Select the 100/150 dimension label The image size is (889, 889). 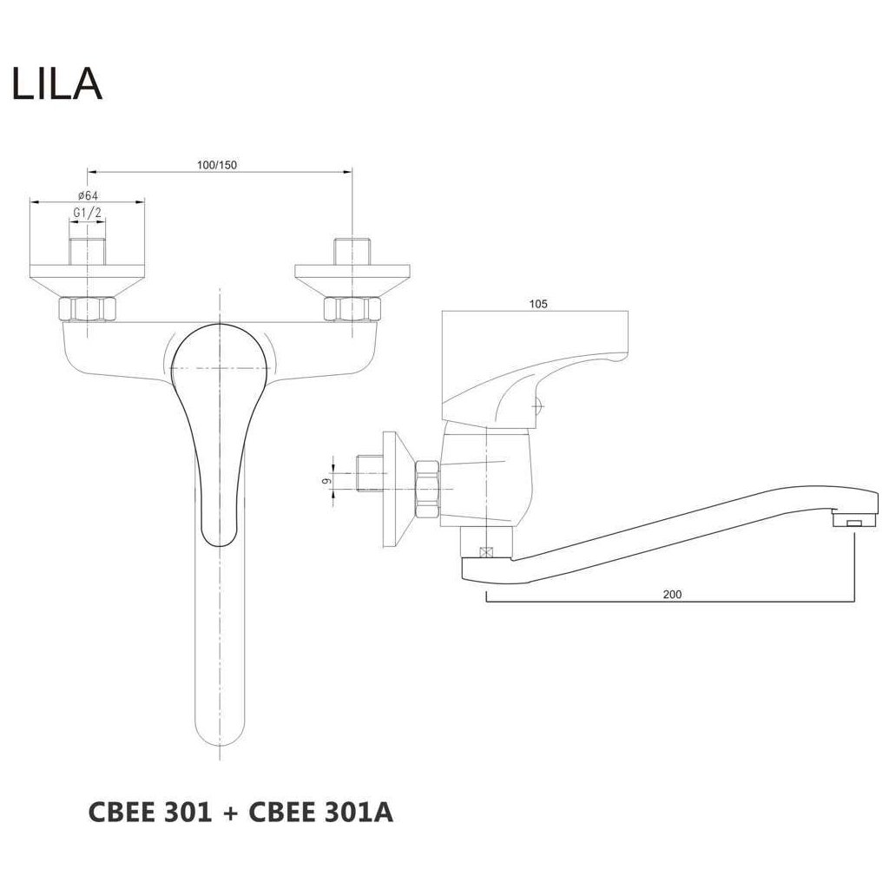[x=217, y=165]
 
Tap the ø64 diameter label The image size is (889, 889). [x=87, y=194]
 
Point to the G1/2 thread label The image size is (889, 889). [x=87, y=212]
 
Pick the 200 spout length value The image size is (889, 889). [x=671, y=595]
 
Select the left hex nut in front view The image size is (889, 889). [x=87, y=309]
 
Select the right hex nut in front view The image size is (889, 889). [x=352, y=309]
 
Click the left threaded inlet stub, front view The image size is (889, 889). [x=87, y=251]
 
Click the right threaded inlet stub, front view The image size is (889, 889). [x=352, y=251]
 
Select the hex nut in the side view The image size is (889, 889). [x=429, y=486]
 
